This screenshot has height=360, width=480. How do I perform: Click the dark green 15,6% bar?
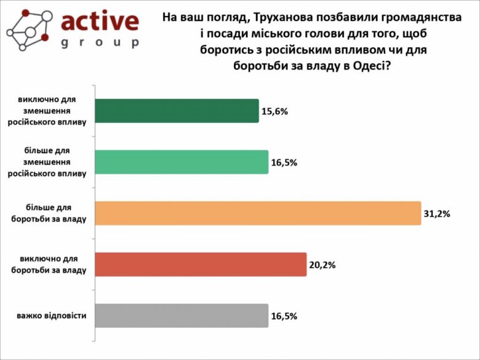[x=176, y=111]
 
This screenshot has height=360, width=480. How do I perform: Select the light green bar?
[x=181, y=162]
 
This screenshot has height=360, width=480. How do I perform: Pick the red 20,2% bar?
[x=200, y=265]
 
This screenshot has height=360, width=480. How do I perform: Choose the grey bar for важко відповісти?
[x=181, y=316]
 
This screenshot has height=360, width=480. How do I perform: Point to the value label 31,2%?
[x=438, y=214]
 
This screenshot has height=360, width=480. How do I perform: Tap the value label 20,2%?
[x=322, y=266]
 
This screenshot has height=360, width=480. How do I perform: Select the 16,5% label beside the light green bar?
[x=284, y=164]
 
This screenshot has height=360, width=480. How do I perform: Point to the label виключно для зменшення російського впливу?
[x=47, y=111]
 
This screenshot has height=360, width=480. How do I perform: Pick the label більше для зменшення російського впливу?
[x=47, y=162]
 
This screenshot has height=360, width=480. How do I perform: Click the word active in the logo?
[x=100, y=20]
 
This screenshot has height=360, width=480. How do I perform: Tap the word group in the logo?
[x=100, y=43]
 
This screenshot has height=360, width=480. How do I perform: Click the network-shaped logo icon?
[x=28, y=29]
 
